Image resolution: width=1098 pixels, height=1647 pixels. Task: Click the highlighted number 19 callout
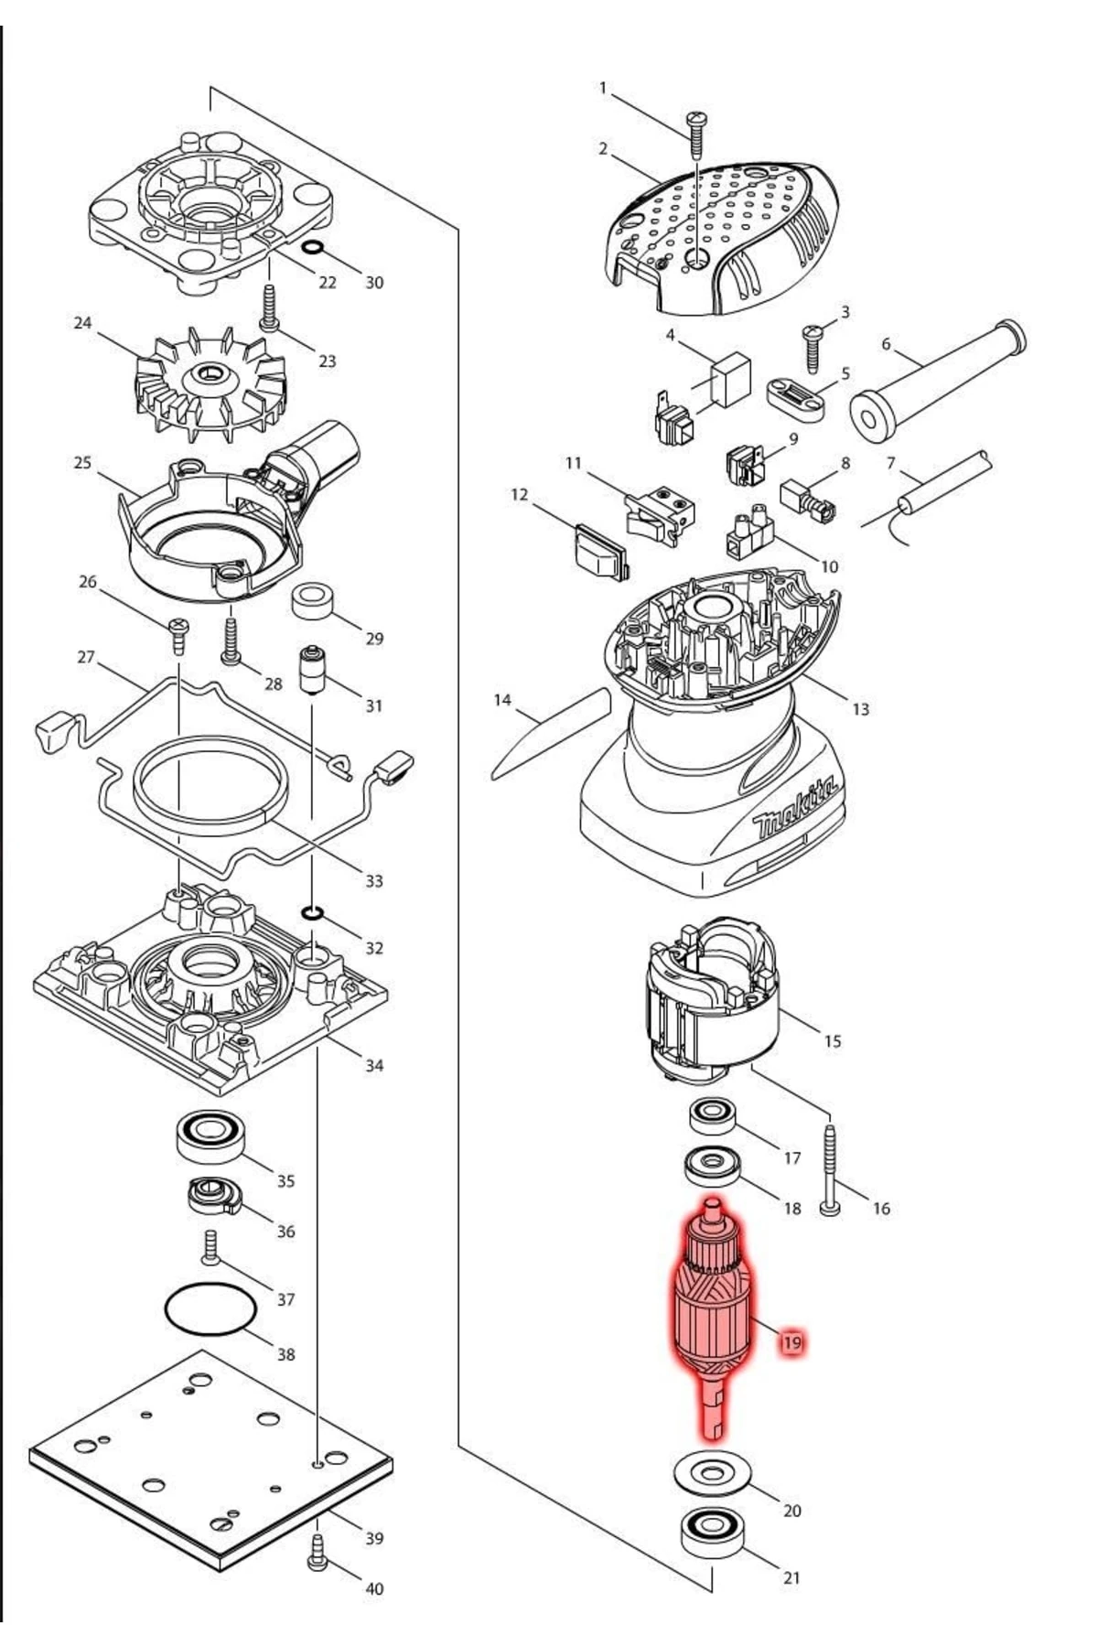(x=791, y=1343)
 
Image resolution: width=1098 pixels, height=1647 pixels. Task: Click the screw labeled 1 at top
(x=696, y=133)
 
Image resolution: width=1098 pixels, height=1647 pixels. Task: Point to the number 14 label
(x=502, y=700)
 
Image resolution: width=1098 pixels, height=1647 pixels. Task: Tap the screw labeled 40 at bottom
(x=318, y=1554)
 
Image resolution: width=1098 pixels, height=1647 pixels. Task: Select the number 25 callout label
(x=82, y=463)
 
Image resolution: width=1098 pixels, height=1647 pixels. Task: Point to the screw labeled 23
(x=269, y=308)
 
